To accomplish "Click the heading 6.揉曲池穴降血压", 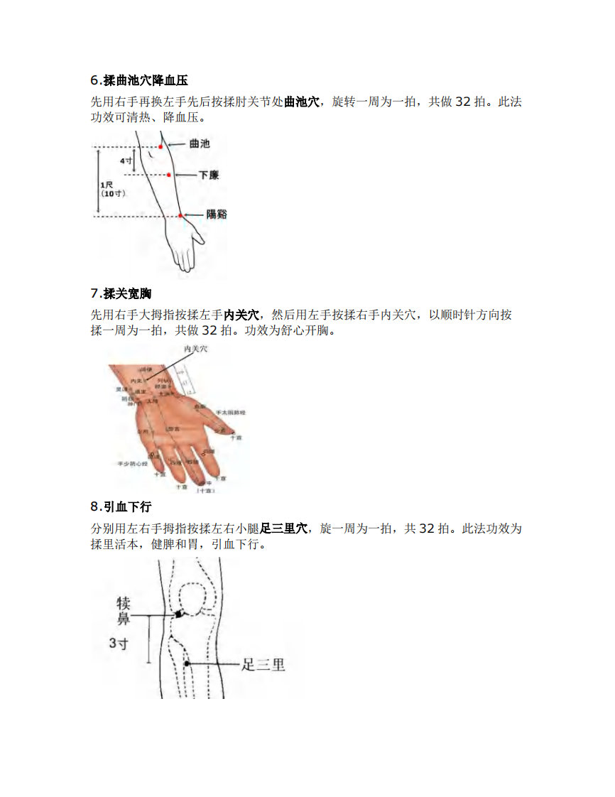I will [139, 81].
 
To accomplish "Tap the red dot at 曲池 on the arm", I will [161, 146].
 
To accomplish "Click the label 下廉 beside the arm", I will [208, 175].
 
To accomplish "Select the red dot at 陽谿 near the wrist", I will [180, 215].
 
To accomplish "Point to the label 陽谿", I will [217, 214].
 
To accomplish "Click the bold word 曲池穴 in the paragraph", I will [302, 102].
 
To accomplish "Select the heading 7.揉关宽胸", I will [121, 293].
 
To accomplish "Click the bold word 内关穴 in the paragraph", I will [241, 315].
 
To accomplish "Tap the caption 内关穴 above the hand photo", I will [195, 349].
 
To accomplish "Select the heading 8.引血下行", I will [121, 506].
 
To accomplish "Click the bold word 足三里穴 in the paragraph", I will [284, 528].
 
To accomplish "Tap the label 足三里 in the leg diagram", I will [263, 665].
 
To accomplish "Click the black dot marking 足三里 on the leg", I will [187, 663].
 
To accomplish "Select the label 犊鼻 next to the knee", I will [124, 612].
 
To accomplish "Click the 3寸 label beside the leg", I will [119, 644].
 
